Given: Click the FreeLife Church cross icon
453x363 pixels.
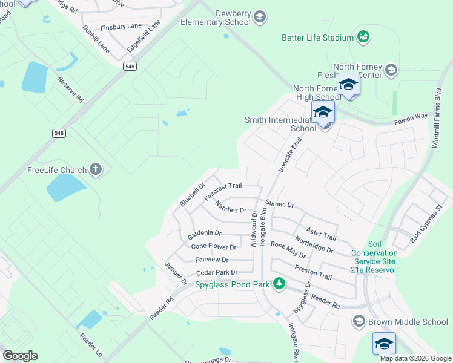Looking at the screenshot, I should point(96,169).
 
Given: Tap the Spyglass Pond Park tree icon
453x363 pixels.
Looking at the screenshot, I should point(279,283).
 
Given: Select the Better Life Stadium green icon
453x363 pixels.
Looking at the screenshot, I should point(363,38).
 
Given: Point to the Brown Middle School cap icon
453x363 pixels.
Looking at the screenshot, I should point(359,321).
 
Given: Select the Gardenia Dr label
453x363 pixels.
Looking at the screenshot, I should point(205,233).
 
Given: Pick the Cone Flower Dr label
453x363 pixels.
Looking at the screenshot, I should point(213,247).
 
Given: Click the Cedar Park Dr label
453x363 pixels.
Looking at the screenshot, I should point(216,272).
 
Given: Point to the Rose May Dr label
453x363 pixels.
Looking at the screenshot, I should point(288,246).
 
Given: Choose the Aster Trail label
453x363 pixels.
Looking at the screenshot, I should point(321,232).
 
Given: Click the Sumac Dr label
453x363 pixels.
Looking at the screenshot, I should point(279,204).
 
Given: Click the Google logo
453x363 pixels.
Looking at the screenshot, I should point(20,356).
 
